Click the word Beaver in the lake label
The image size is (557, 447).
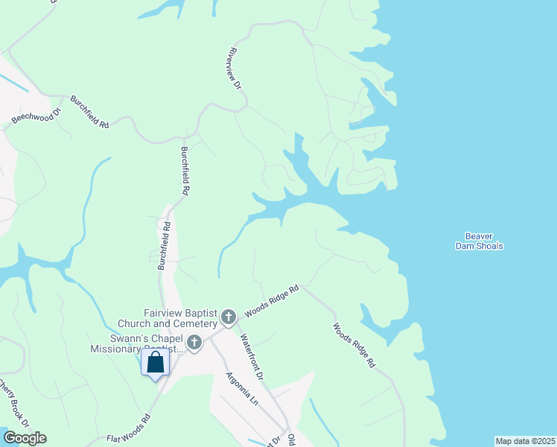479,236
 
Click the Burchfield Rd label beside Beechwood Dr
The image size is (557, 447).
89,112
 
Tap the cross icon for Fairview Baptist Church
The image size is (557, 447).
228,318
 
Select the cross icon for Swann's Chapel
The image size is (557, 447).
194,343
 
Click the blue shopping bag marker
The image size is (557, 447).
156,363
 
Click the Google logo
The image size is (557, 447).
24,438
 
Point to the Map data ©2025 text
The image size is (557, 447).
524,440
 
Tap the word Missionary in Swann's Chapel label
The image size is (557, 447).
116,349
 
